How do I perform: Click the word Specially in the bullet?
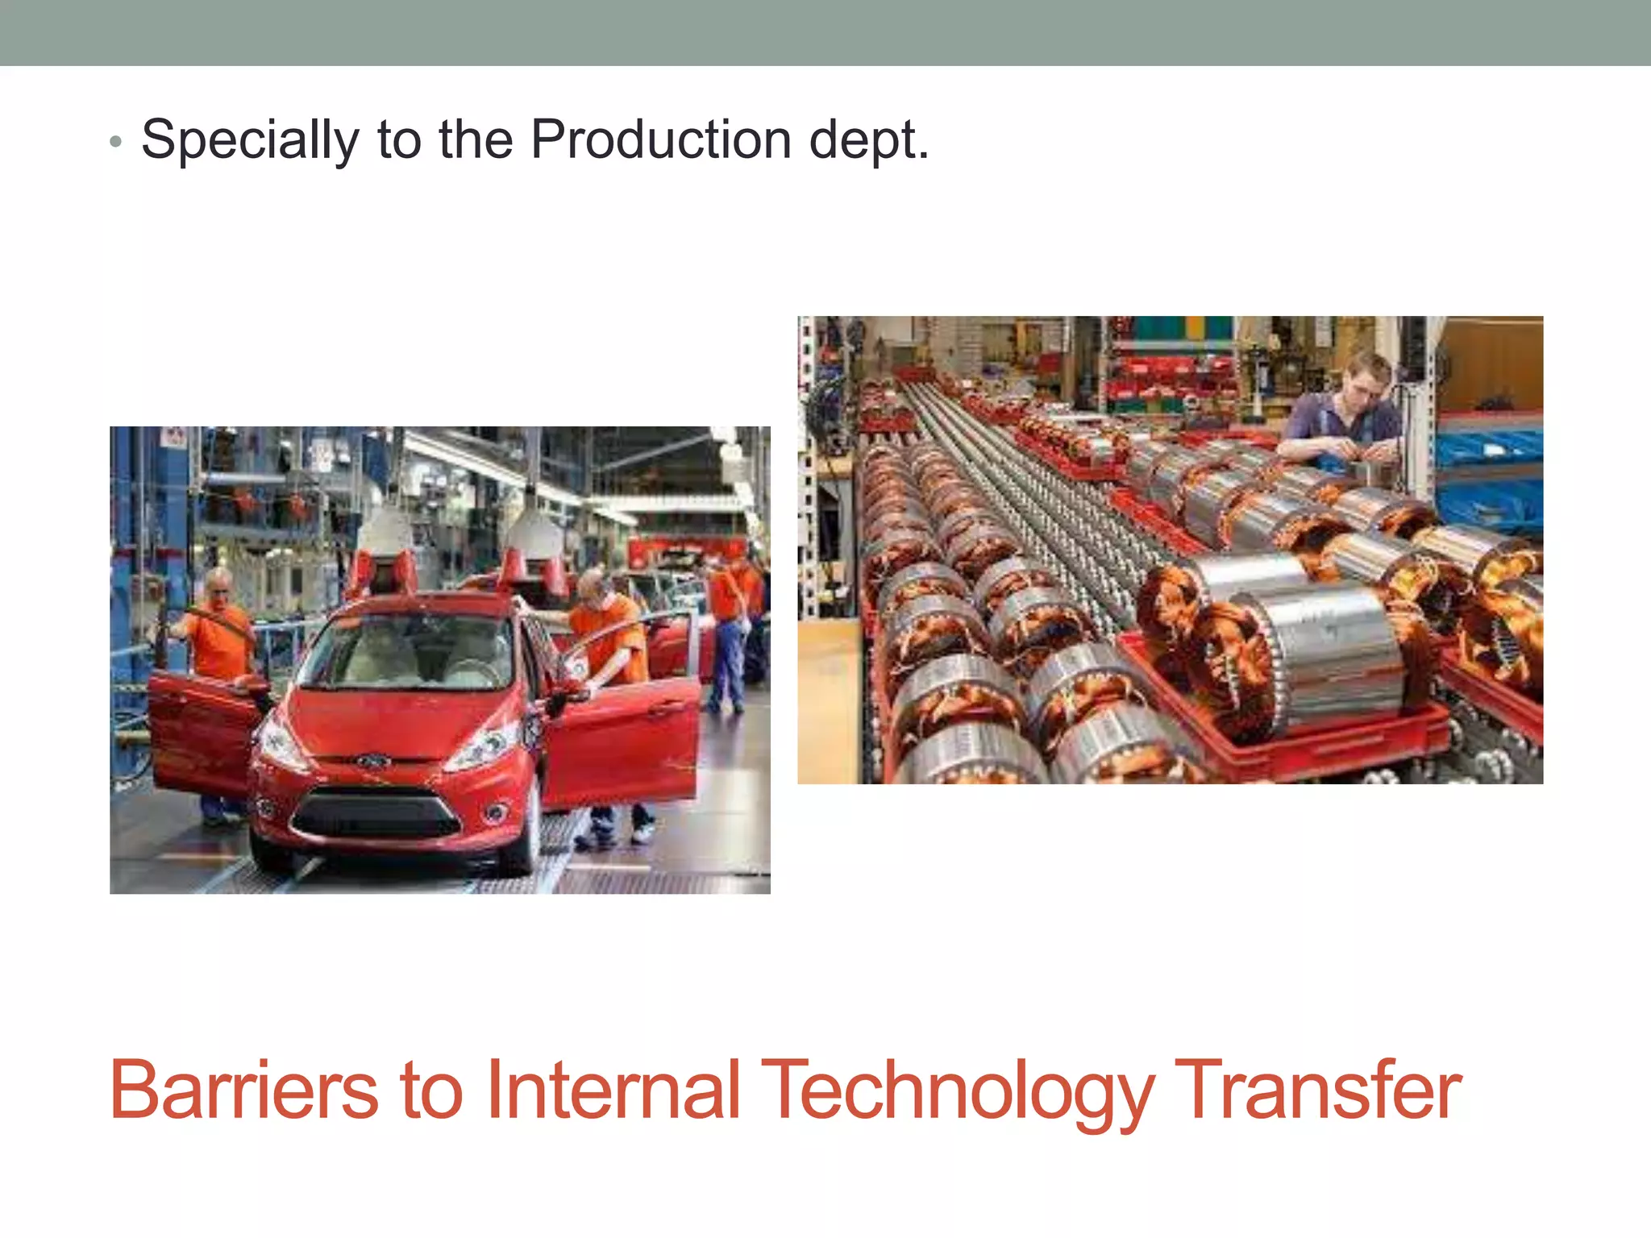click(250, 140)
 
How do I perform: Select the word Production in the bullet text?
click(660, 140)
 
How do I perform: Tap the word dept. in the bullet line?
click(868, 140)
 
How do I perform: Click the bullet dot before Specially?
click(116, 143)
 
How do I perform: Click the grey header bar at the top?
click(825, 32)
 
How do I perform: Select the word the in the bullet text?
click(476, 140)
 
